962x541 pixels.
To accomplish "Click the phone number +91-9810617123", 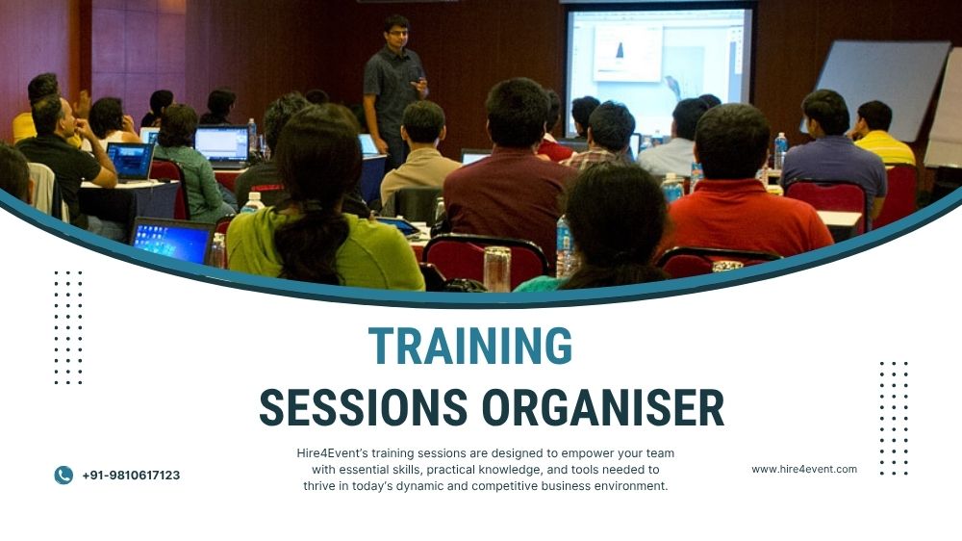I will (x=131, y=476).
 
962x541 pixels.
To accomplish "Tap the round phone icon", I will (x=63, y=475).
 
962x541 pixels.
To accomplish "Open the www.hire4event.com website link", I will (x=803, y=470).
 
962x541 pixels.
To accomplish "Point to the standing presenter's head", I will (x=395, y=30).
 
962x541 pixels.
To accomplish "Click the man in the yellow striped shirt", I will (x=880, y=135).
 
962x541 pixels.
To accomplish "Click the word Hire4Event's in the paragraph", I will (x=333, y=452).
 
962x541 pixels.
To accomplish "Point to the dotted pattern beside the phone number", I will (x=68, y=327).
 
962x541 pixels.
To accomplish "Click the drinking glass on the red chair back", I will (x=497, y=268).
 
